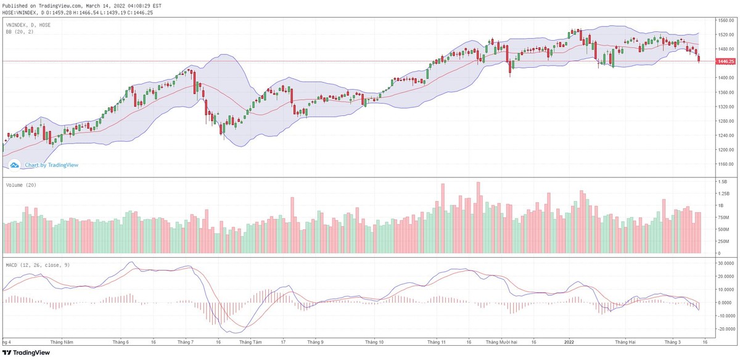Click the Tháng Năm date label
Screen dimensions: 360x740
(62, 341)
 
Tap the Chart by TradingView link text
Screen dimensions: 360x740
(51, 165)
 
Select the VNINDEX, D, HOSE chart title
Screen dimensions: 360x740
(28, 25)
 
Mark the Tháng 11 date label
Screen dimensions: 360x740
(437, 341)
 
